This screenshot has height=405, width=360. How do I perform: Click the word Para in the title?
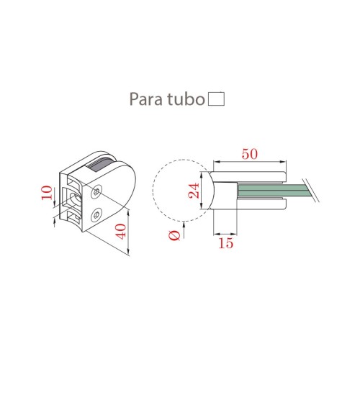coord(145,99)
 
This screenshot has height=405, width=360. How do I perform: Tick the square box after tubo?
coord(216,99)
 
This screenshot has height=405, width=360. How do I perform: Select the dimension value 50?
coord(250,154)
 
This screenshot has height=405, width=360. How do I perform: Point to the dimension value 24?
coord(194,191)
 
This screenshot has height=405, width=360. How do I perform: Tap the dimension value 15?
coord(225,243)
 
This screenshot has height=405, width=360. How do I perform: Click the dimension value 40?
coord(120,232)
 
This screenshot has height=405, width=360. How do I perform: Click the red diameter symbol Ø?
coord(174,235)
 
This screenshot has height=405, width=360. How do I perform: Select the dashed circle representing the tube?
coord(179,188)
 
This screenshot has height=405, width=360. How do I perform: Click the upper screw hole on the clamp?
coord(99,190)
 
